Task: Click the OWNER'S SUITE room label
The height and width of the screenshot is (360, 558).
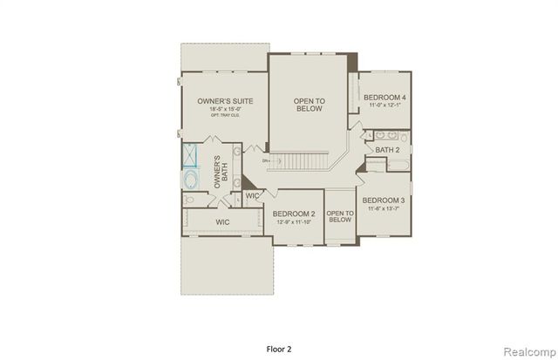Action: pyautogui.click(x=225, y=102)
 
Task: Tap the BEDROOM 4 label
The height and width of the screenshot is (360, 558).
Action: pyautogui.click(x=384, y=97)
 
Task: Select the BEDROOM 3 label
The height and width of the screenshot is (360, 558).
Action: pyautogui.click(x=384, y=200)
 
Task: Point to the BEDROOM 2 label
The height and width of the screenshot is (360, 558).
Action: pyautogui.click(x=293, y=214)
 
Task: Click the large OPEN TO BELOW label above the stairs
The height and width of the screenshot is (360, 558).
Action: pyautogui.click(x=309, y=105)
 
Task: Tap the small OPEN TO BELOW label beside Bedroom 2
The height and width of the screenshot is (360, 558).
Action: pyautogui.click(x=339, y=216)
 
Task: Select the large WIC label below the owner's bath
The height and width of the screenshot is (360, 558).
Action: pyautogui.click(x=223, y=223)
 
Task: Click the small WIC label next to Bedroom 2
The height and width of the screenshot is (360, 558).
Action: pyautogui.click(x=252, y=196)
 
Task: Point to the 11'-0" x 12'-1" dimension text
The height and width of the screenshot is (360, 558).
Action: pyautogui.click(x=384, y=105)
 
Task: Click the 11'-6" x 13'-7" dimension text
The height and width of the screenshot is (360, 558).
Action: pyautogui.click(x=384, y=208)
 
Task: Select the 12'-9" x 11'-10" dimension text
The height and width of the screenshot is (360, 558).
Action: pyautogui.click(x=293, y=222)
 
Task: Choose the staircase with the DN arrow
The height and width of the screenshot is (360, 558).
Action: pyautogui.click(x=301, y=161)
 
